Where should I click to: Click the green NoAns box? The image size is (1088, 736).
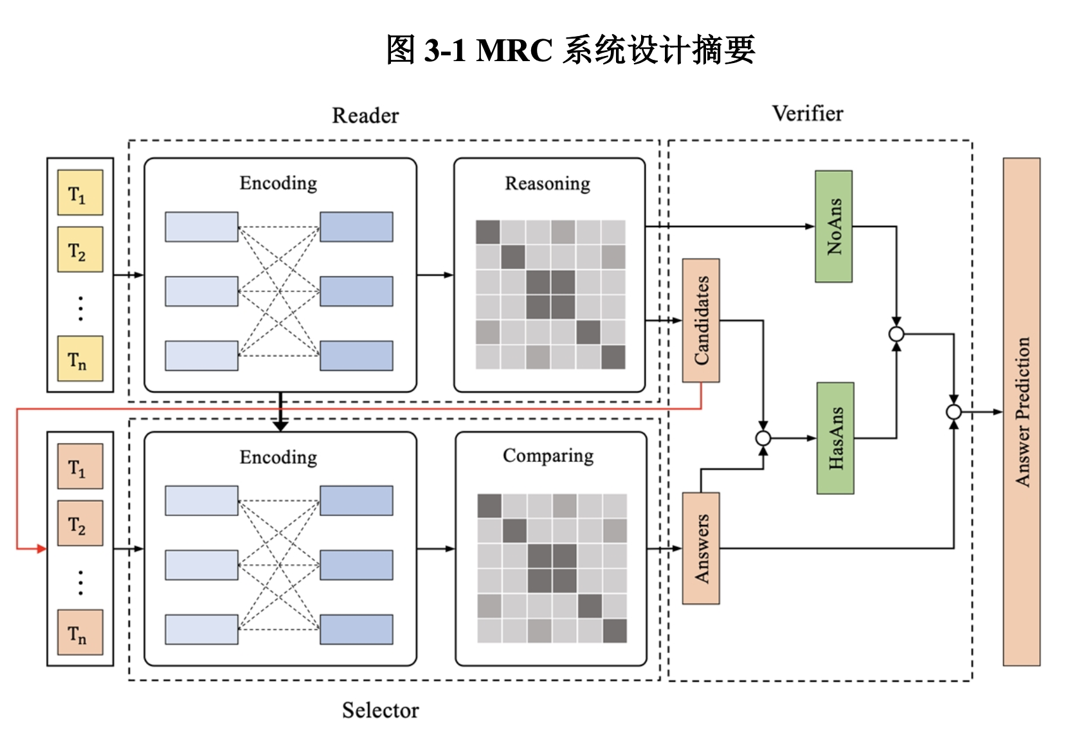point(833,226)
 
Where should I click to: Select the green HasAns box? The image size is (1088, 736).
point(835,438)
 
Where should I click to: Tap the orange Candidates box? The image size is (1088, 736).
point(701,320)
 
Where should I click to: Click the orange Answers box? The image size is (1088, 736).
point(701,548)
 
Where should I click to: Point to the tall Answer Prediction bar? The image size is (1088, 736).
point(1021,412)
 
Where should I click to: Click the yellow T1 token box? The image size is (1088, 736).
point(80,192)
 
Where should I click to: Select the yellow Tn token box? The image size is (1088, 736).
point(80,358)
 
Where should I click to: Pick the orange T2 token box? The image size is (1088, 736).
point(80,523)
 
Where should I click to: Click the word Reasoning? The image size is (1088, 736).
point(547,184)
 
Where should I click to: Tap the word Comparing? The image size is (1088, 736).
point(548,456)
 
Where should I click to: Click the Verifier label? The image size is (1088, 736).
point(808,114)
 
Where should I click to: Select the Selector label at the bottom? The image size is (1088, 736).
point(380,710)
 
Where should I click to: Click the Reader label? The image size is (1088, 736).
point(365,116)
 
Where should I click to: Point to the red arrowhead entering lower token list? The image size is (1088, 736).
point(42,549)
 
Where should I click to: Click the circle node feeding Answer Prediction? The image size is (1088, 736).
point(954,412)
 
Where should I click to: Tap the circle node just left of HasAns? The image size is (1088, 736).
point(763,439)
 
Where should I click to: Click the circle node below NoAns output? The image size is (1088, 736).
point(896,334)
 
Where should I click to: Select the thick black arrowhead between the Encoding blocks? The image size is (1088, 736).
point(280,425)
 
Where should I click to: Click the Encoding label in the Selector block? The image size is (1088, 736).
point(278,457)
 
